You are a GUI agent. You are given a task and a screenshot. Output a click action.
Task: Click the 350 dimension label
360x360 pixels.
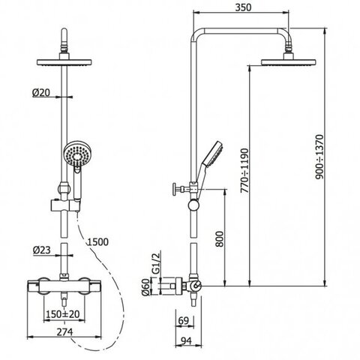click(243, 7)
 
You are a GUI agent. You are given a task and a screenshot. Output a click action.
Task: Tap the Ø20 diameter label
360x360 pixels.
click(41, 93)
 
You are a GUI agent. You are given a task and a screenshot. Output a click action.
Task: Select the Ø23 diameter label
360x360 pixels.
click(42, 250)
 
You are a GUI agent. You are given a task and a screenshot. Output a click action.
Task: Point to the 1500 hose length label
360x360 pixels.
click(97, 241)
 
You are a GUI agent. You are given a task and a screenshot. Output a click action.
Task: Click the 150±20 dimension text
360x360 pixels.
click(63, 314)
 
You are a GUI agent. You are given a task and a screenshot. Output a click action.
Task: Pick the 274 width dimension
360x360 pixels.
click(64, 332)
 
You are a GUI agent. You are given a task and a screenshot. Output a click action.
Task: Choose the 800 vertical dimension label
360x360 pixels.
click(220, 239)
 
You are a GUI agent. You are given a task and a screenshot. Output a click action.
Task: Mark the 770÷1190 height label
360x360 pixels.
click(244, 170)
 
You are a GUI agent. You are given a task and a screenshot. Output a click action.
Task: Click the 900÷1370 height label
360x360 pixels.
click(319, 157)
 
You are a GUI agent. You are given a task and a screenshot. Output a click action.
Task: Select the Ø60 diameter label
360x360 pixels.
click(145, 287)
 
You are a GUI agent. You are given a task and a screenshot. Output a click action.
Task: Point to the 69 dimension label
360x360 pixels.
click(183, 321)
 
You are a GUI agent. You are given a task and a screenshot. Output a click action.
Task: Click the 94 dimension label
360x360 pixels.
click(186, 340)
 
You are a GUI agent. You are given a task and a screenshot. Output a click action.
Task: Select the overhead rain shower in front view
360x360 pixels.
click(64, 62)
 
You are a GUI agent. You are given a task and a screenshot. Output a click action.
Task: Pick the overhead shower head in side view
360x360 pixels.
click(289, 62)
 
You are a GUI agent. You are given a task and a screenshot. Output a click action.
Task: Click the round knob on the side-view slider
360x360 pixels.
click(193, 205)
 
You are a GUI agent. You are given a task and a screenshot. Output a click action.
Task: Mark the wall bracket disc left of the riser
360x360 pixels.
click(178, 286)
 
